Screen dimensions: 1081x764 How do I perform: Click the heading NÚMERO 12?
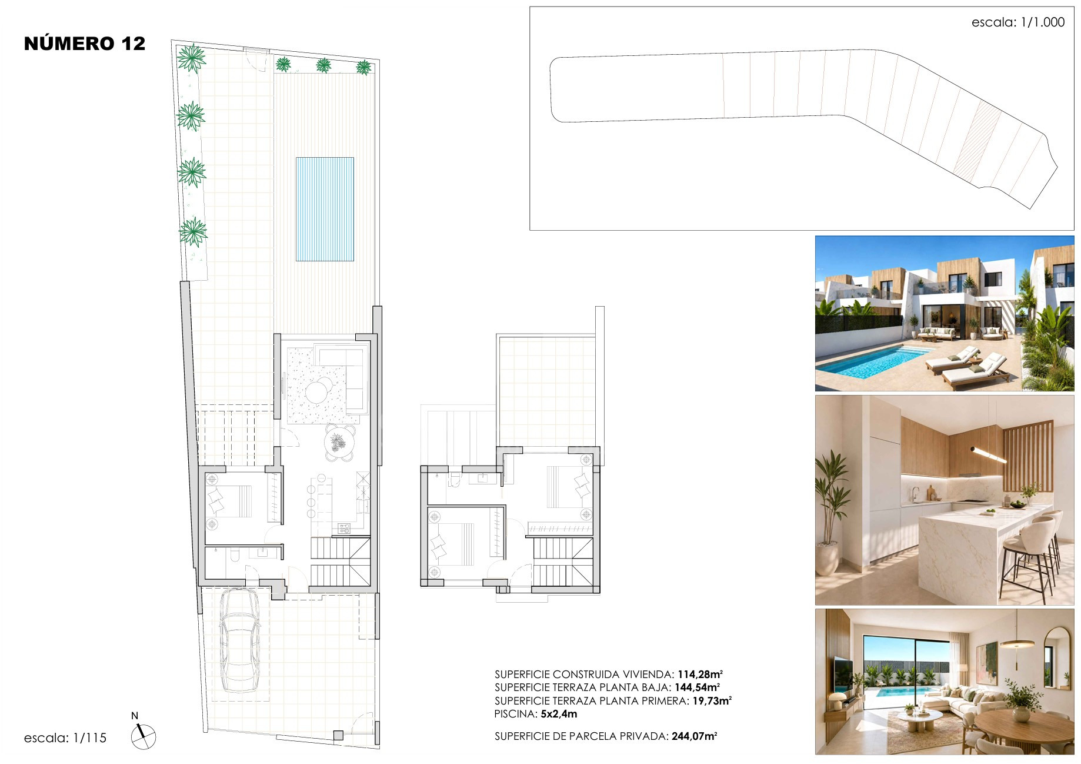(x=85, y=44)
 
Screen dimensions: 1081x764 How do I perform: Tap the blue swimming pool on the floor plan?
(x=325, y=209)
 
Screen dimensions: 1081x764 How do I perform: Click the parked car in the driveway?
(x=239, y=641)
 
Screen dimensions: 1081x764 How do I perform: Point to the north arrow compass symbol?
(x=143, y=736)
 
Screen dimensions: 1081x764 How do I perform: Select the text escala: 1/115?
(x=65, y=738)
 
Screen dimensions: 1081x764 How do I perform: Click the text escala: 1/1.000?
(x=1018, y=22)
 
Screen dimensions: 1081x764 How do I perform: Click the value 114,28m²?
(x=700, y=675)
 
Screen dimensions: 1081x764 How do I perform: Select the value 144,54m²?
(x=697, y=687)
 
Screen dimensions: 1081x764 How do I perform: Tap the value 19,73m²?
(x=712, y=701)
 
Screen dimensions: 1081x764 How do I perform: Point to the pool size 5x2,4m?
(x=559, y=714)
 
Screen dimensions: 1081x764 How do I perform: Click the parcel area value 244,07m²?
(x=695, y=736)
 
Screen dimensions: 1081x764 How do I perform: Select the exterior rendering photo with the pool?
(x=945, y=314)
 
